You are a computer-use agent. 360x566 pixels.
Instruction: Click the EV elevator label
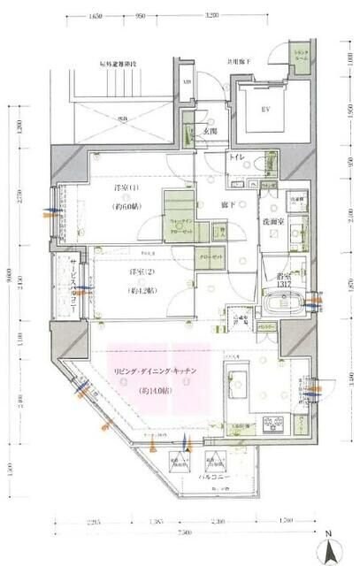click(x=264, y=111)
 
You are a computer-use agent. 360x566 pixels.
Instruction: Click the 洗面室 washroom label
click(x=271, y=222)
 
